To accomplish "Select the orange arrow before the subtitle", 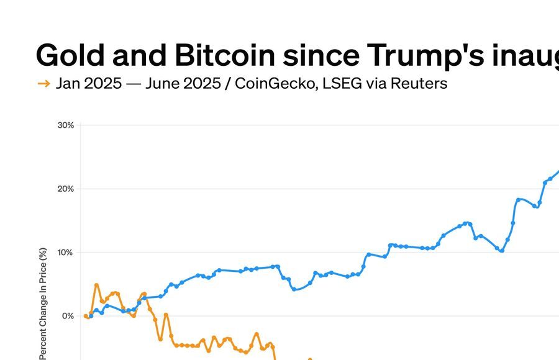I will (43, 84).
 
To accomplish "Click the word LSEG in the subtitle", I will (339, 83).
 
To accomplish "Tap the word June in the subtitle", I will (163, 83).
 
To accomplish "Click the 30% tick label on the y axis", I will (65, 125).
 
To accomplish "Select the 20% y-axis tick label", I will (65, 189).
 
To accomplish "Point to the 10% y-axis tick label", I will (65, 253).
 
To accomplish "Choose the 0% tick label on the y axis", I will (68, 316).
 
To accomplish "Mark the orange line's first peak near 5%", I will (96, 286).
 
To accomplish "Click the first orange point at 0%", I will (86, 316).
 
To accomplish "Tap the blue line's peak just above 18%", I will (519, 200).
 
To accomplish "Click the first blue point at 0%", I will (91, 316).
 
